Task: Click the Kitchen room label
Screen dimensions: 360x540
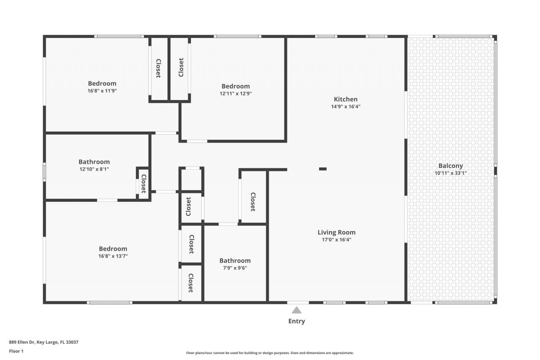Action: click(346, 99)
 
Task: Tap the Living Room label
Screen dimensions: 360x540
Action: click(336, 232)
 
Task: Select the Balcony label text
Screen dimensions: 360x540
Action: click(450, 166)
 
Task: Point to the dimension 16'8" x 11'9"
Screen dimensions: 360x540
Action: click(102, 90)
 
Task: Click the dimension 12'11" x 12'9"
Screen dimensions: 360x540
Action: click(235, 93)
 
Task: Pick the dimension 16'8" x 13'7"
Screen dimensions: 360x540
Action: click(113, 256)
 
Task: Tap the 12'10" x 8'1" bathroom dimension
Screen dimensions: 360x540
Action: click(94, 169)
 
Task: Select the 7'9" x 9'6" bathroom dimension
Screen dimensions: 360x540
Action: click(235, 268)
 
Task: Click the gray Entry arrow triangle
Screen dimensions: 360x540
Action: click(297, 311)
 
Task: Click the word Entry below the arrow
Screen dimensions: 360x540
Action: click(297, 321)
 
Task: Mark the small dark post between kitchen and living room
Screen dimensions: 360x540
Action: click(323, 169)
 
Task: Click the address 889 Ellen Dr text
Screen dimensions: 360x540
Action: click(43, 342)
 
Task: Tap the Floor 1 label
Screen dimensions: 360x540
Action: click(16, 351)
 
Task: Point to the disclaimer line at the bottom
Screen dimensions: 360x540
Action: click(270, 353)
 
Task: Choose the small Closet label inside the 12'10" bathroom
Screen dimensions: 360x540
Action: click(143, 183)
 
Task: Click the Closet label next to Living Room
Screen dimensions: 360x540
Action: click(253, 202)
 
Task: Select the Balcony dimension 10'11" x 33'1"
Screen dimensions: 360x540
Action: click(450, 173)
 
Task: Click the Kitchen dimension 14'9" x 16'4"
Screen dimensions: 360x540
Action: click(346, 106)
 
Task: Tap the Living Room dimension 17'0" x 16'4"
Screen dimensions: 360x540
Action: click(336, 239)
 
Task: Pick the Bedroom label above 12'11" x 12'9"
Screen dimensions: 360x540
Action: click(235, 86)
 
